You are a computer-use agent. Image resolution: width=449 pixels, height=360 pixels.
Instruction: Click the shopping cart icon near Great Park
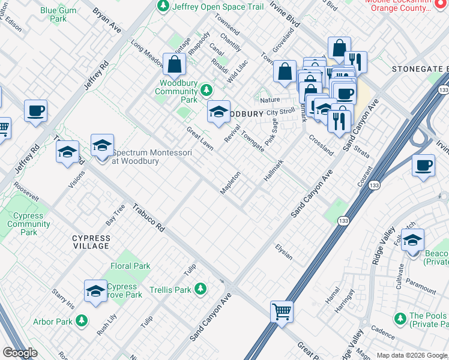coord(282,312)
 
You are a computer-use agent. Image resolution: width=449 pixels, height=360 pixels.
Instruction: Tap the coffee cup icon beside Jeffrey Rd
coord(35,111)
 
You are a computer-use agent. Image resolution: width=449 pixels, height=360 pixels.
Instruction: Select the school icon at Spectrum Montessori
coord(102,145)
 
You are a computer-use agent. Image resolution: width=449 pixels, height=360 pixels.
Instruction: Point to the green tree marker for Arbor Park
coord(82,322)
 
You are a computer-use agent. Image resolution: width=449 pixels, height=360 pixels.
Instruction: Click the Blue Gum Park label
coord(54,14)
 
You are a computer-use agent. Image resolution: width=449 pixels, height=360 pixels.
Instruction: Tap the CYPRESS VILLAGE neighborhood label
coord(91,242)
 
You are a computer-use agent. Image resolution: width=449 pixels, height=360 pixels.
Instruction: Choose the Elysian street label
coord(284,251)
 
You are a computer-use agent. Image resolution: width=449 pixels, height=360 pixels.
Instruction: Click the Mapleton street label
coord(231,183)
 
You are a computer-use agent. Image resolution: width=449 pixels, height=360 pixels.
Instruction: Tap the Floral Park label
coord(130,266)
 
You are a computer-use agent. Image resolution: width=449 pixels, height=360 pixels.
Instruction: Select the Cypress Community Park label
coord(29,224)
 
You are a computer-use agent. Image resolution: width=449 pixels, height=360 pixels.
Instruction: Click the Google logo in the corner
coord(20,353)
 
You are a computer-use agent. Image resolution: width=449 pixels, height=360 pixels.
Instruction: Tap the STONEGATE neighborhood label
coord(419,69)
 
